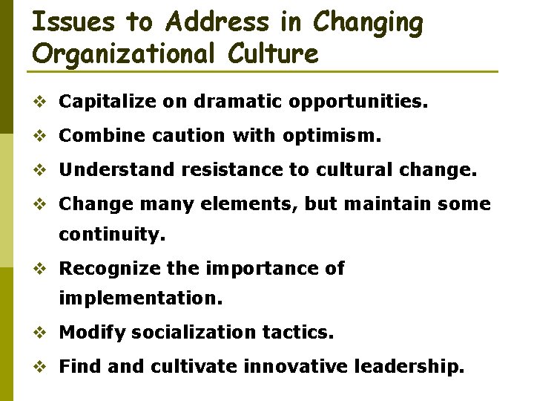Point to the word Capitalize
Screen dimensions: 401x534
[105, 102]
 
